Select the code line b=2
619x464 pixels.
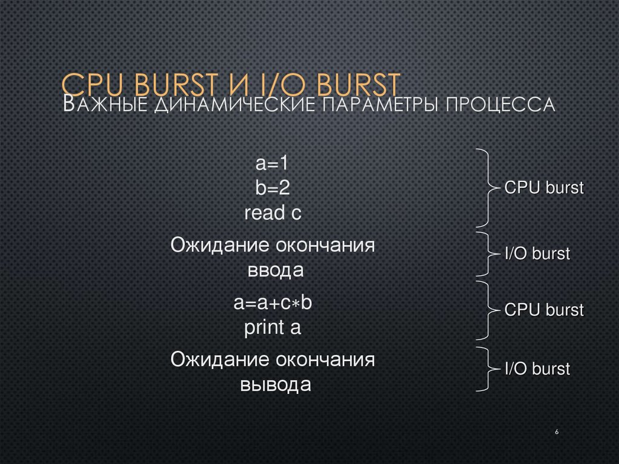click(x=273, y=188)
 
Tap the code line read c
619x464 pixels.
click(x=273, y=213)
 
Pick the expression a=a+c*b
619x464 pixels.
click(x=273, y=303)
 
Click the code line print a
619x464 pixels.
click(x=273, y=328)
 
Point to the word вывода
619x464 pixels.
click(x=276, y=385)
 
